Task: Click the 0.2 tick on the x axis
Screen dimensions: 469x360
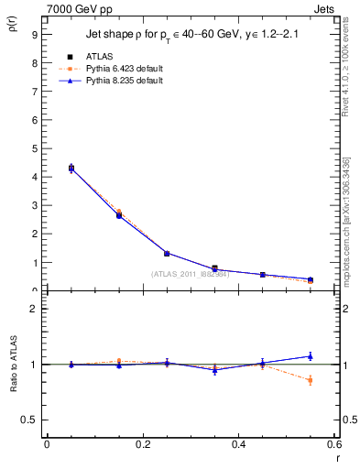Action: [142, 444]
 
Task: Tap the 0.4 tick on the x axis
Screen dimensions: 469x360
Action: [239, 444]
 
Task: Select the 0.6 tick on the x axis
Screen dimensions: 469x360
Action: [334, 444]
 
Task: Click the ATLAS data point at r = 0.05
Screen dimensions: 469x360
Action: [71, 169]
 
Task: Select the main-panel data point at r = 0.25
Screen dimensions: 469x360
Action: [167, 253]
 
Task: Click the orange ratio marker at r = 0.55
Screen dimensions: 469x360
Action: [311, 380]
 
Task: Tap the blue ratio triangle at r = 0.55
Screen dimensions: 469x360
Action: [311, 356]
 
